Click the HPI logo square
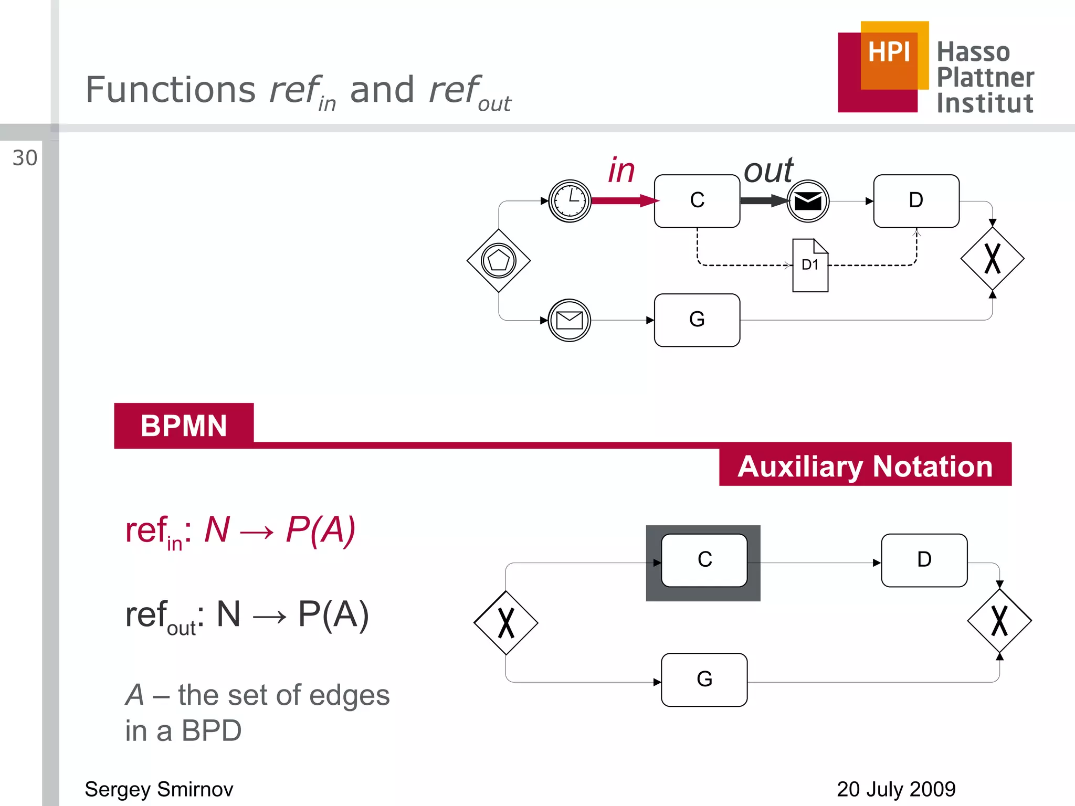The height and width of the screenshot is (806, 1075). coord(883,67)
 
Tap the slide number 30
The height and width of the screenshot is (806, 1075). coord(25,158)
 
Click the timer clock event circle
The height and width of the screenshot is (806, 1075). coord(570,201)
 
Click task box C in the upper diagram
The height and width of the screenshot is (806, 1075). coord(697,201)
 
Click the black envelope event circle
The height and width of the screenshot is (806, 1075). coord(808,201)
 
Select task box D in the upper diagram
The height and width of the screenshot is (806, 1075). coord(916,201)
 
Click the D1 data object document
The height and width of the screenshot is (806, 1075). coord(810,266)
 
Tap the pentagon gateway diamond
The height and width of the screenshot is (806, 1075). coord(499,260)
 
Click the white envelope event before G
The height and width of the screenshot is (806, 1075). coord(570,320)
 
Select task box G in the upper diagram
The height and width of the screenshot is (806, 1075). coord(697,320)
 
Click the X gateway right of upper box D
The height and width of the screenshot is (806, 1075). coord(992,259)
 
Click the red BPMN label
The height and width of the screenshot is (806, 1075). coord(184,426)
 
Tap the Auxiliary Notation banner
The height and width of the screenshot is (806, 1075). coord(865,466)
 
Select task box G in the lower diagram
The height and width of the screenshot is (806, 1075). coord(704,680)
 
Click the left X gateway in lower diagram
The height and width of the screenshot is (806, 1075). coord(505,623)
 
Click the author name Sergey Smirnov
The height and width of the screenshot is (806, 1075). coord(159,789)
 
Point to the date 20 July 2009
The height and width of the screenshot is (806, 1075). coord(896,789)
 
